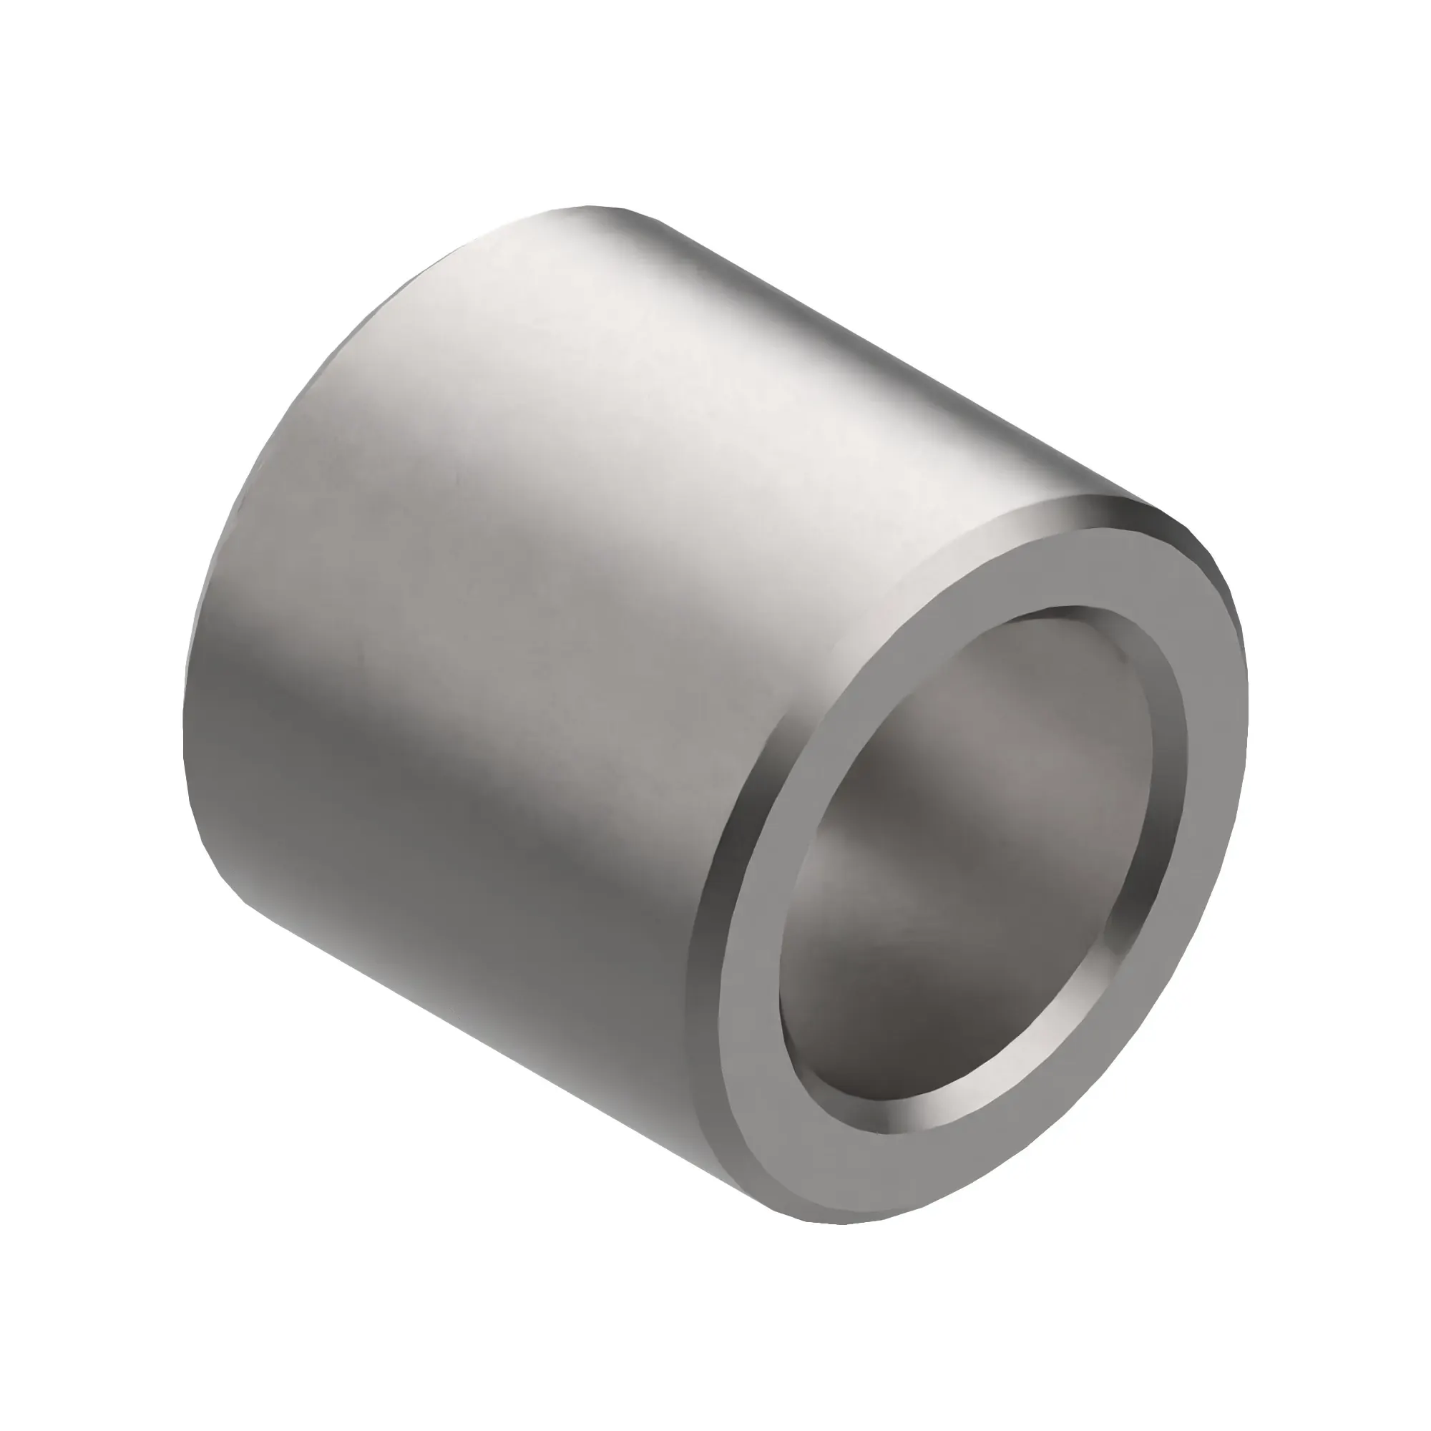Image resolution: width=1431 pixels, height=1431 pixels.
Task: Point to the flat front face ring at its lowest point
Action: pyautogui.click(x=851, y=1193)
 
